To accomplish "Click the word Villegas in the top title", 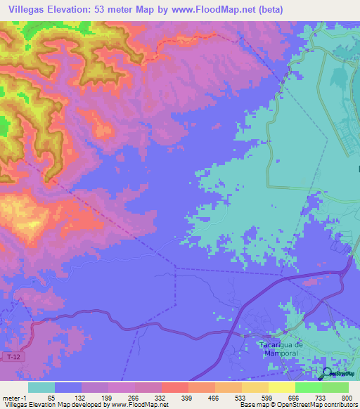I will [27, 9].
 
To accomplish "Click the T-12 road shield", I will [14, 358].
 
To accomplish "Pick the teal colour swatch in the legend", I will [41, 387].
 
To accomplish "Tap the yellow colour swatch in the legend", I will [282, 387].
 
